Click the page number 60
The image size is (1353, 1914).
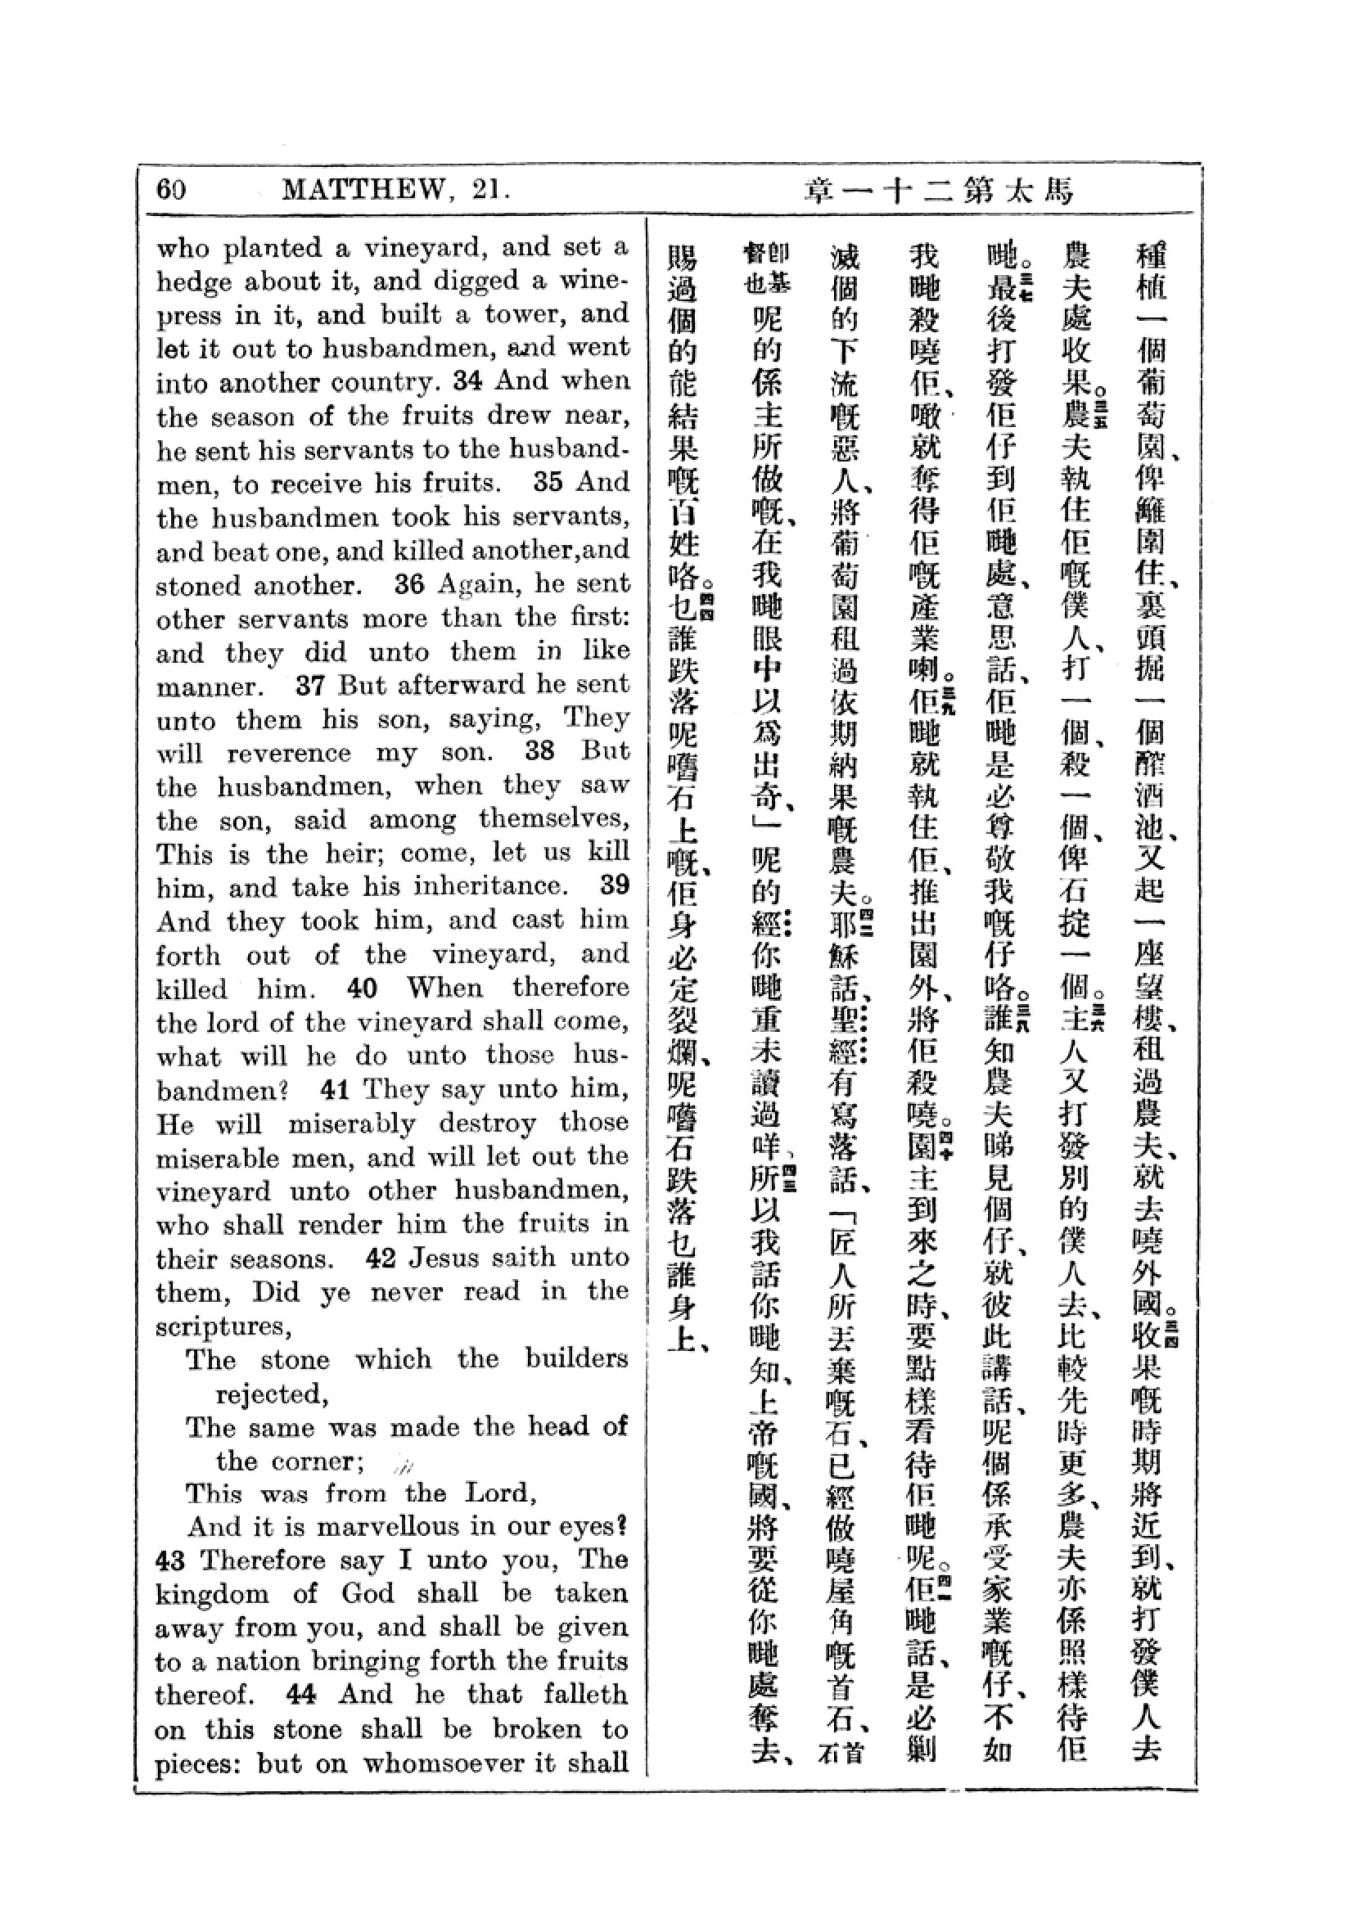(x=171, y=189)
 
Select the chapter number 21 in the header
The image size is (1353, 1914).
(x=485, y=190)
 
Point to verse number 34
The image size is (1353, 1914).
(x=467, y=381)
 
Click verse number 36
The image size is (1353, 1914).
(x=409, y=584)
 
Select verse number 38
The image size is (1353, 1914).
(x=539, y=751)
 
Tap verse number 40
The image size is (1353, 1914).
(x=362, y=989)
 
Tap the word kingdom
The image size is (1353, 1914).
(x=212, y=1595)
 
